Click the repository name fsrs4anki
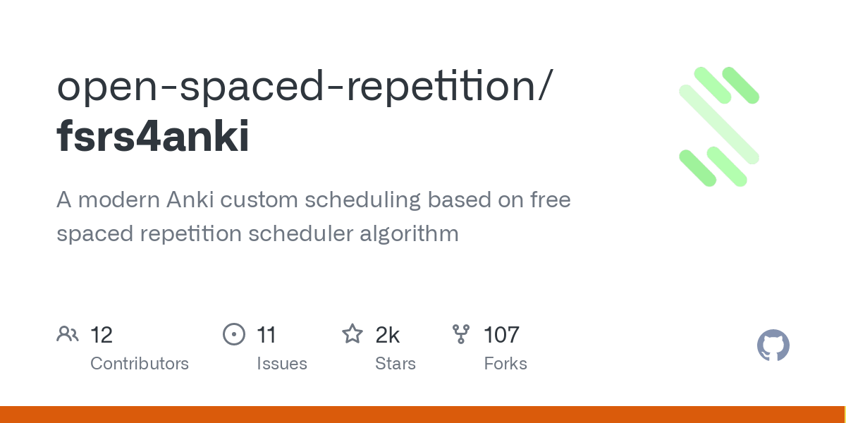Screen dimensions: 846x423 coord(153,136)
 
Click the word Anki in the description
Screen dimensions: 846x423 coord(190,199)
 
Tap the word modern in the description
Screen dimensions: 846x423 coord(119,200)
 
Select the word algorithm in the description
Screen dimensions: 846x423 coord(409,233)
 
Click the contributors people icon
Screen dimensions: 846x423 coord(68,334)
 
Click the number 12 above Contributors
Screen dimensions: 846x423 coord(102,335)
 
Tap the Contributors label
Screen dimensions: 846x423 coord(140,363)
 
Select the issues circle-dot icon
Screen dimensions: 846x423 coord(234,334)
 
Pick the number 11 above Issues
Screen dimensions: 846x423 coord(266,335)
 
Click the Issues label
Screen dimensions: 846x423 coord(282,363)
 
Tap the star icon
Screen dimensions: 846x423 coord(352,334)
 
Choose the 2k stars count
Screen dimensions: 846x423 coord(387,335)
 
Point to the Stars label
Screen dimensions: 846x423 coord(395,363)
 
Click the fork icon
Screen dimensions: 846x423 coord(461,334)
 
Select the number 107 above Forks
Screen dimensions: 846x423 coord(501,335)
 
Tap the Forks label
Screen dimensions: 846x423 coord(505,363)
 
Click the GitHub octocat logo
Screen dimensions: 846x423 coord(773,345)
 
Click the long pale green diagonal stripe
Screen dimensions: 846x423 coord(719,125)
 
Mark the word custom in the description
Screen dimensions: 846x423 coord(259,200)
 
